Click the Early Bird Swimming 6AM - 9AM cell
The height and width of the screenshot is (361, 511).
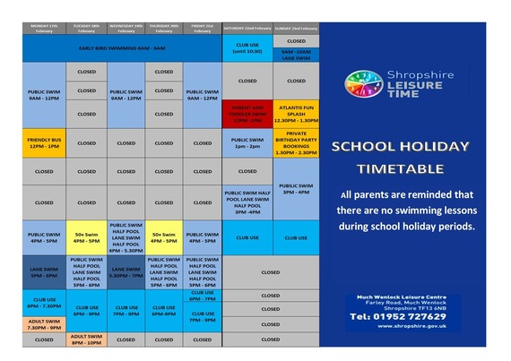(x=121, y=47)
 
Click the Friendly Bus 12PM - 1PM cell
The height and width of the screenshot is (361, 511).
(x=43, y=142)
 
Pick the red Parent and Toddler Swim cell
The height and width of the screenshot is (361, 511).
(x=247, y=115)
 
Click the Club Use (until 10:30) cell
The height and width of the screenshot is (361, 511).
(x=247, y=47)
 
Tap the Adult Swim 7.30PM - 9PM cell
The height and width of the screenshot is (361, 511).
(x=43, y=324)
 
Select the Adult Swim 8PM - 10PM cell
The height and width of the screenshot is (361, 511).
(x=87, y=340)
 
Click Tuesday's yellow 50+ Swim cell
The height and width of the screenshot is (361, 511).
(x=87, y=238)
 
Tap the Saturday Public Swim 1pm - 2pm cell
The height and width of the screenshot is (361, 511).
(x=247, y=142)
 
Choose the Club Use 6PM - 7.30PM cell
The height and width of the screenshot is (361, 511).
(x=43, y=303)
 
